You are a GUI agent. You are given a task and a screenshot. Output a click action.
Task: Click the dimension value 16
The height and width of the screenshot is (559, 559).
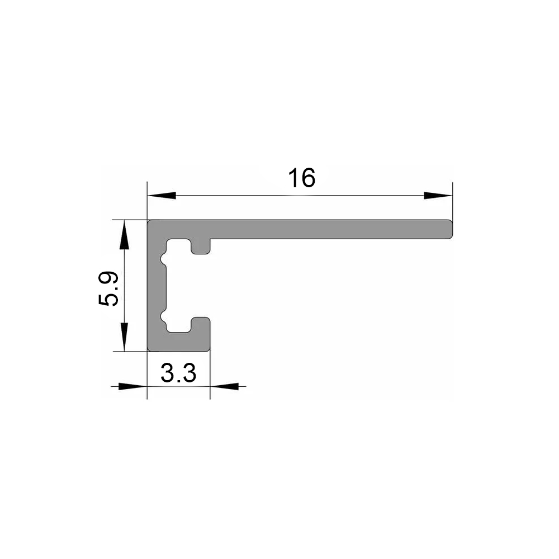302,178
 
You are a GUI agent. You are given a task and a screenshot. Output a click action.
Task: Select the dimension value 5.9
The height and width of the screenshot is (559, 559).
108,288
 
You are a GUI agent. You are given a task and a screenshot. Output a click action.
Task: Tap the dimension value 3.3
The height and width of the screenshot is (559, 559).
178,373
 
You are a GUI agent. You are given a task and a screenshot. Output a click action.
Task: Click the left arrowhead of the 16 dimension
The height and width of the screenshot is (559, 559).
162,195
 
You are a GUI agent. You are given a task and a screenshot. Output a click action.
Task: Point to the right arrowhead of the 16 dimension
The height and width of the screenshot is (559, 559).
438,195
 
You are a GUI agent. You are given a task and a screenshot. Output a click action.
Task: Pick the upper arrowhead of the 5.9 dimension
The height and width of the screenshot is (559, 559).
124,234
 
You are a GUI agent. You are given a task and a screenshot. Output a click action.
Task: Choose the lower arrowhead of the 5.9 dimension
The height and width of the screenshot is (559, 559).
124,337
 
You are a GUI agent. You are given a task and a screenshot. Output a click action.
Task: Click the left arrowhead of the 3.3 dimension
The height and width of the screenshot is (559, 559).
132,386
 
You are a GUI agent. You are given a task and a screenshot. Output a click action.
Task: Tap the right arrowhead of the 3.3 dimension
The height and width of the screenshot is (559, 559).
224,386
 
